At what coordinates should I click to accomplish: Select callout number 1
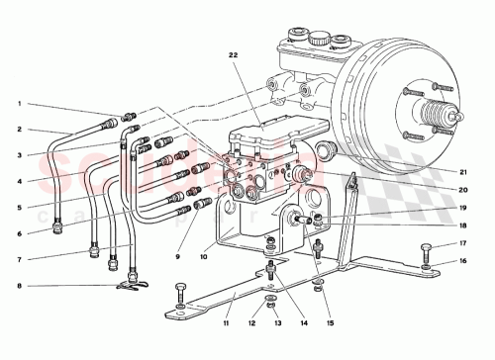tap(18, 104)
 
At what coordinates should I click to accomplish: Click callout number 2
tap(18, 130)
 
